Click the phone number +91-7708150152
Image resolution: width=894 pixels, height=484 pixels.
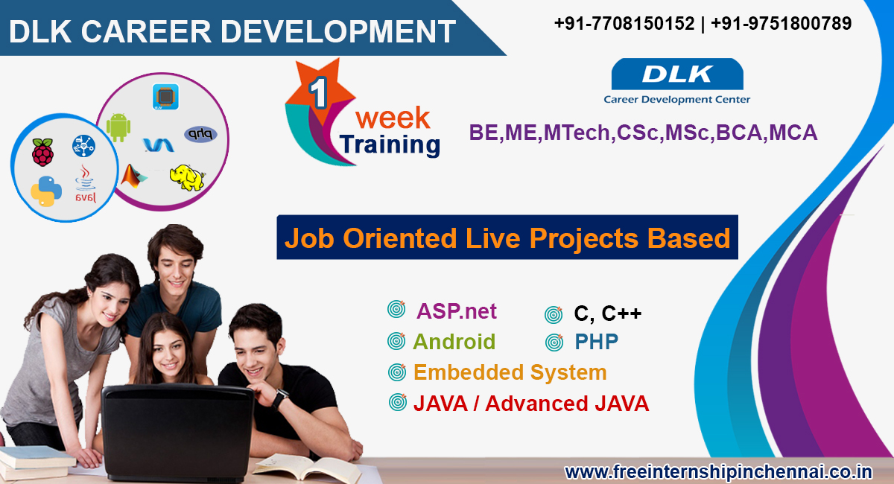coord(624,24)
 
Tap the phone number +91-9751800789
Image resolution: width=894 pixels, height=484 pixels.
coord(782,24)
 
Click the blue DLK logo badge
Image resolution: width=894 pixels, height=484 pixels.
coord(676,75)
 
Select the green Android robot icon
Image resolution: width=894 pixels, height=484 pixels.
coord(118,127)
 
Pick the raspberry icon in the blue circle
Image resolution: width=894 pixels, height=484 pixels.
coord(42,152)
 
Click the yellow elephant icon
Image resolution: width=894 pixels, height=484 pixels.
coord(186,176)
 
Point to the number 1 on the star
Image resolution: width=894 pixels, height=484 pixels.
coord(319,94)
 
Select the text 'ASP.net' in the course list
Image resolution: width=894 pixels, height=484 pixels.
coord(456,311)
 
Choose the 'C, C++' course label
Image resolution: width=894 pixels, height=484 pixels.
coord(607,313)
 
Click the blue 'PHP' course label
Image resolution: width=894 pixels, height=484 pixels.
coord(596,342)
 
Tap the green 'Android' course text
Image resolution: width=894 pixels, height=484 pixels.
coord(454,342)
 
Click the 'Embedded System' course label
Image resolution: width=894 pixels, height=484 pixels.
coord(510,372)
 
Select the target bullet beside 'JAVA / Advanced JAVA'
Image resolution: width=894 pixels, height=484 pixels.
coord(397,402)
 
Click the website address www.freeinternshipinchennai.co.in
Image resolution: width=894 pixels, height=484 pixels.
coord(718,471)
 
